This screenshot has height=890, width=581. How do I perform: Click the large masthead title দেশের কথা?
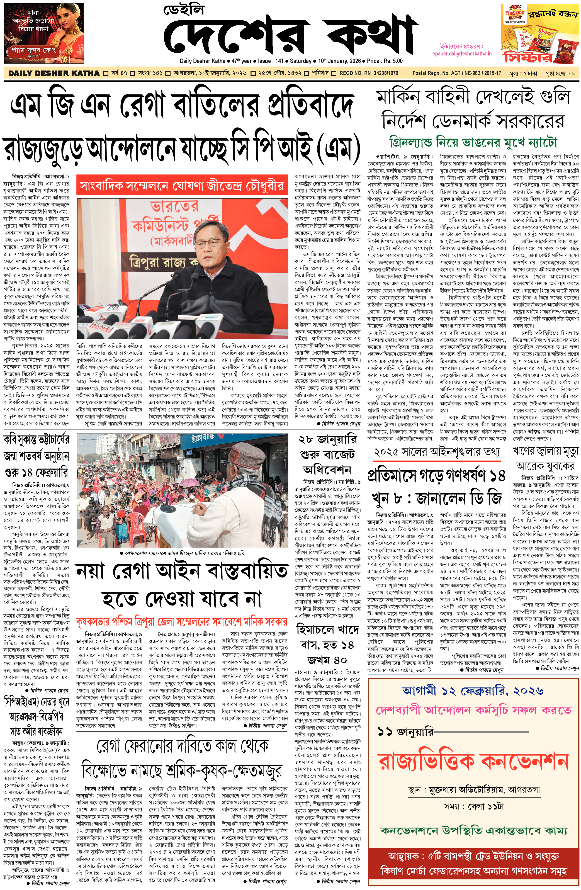pyautogui.click(x=290, y=35)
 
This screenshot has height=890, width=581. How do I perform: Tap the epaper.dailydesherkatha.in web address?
pyautogui.click(x=462, y=54)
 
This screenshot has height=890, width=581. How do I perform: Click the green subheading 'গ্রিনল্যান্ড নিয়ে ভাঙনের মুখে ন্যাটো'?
pyautogui.click(x=473, y=142)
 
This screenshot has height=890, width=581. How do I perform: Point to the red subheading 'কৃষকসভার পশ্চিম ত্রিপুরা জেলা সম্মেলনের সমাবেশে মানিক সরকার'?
pyautogui.click(x=182, y=622)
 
